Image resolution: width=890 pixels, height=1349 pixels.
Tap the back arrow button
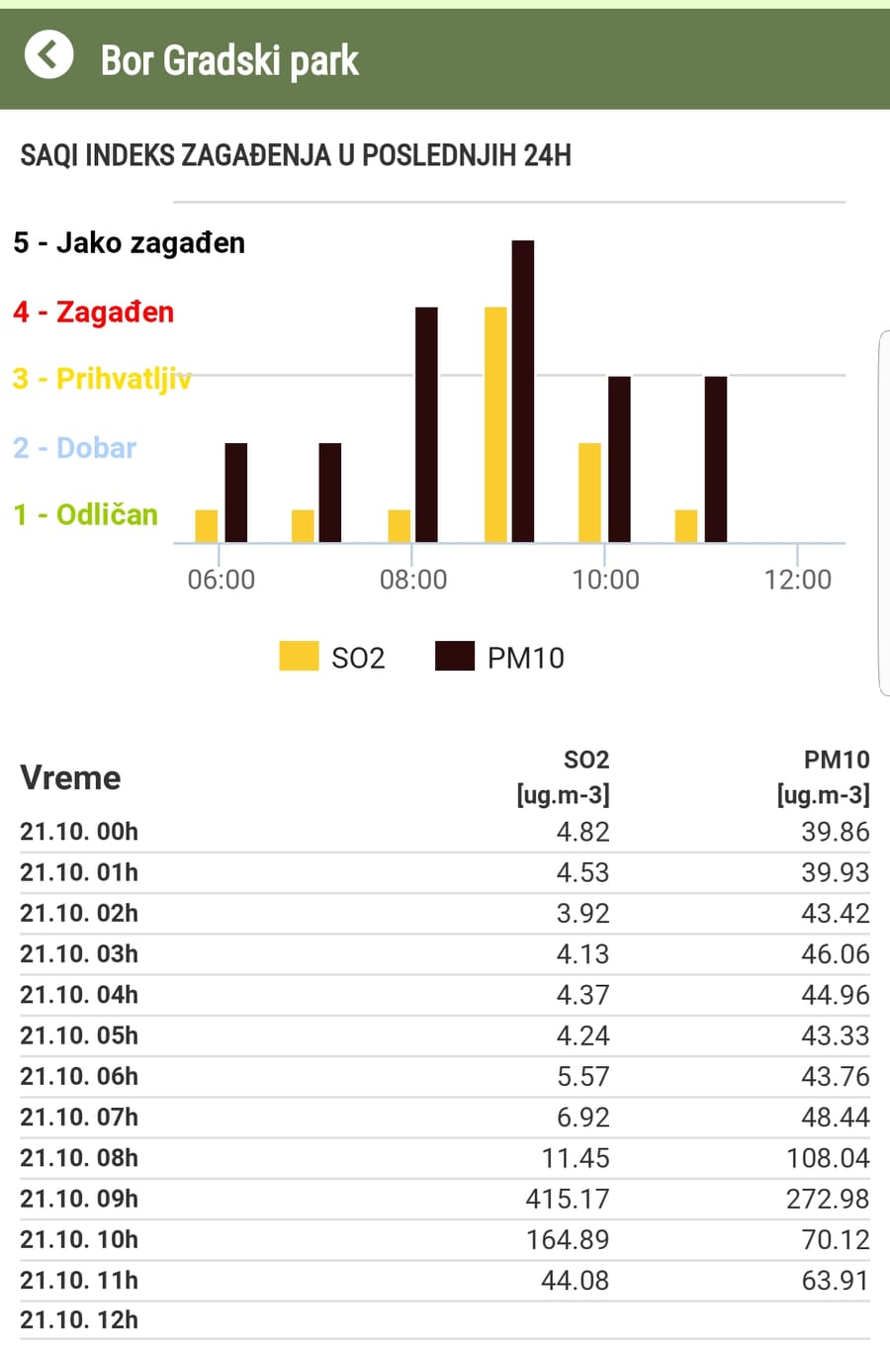click(48, 54)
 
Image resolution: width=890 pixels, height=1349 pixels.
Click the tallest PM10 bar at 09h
click(523, 391)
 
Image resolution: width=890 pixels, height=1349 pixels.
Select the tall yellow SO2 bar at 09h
click(495, 424)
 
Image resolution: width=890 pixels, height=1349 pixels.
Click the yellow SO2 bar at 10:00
click(589, 492)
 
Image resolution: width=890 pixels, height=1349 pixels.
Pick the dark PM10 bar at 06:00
click(236, 492)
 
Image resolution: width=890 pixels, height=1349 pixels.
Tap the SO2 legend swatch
click(299, 656)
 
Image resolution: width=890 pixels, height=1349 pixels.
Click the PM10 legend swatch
click(455, 656)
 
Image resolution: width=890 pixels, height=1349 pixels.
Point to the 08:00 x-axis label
click(413, 580)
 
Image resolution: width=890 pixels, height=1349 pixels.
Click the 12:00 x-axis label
click(797, 580)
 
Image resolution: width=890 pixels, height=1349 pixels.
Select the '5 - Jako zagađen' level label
click(130, 242)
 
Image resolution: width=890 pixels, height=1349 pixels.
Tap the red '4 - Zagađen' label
click(94, 312)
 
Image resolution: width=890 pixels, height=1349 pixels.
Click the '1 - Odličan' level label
click(86, 514)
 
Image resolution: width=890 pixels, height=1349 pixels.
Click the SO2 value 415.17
click(568, 1199)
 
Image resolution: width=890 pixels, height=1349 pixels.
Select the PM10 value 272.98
click(828, 1199)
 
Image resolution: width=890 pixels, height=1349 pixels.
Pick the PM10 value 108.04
click(828, 1158)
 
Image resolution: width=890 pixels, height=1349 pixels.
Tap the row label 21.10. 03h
click(79, 954)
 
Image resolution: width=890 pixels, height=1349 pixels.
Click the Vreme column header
click(70, 777)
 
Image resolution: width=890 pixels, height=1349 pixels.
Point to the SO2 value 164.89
click(568, 1239)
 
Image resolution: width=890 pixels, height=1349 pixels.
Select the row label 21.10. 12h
click(79, 1320)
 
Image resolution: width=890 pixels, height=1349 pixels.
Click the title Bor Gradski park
click(229, 60)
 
